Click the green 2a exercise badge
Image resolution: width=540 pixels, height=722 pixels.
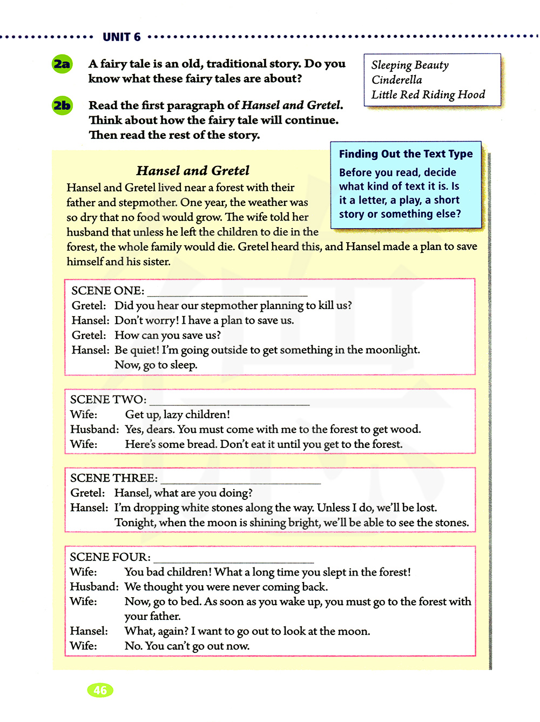[62, 64]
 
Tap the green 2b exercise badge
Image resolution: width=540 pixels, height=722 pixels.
[62, 105]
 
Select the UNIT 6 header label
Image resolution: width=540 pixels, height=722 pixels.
[122, 37]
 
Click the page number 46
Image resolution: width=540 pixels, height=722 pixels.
[100, 690]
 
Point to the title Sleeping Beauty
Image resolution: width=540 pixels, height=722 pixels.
[410, 65]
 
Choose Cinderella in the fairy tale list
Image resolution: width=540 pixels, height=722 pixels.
[397, 80]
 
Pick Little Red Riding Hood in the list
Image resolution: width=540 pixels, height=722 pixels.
[428, 95]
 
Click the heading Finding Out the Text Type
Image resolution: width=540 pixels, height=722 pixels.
[406, 154]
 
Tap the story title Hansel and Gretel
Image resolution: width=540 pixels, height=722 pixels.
[193, 171]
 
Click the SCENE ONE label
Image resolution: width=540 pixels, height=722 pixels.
[107, 291]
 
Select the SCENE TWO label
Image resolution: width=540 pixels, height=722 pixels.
[108, 400]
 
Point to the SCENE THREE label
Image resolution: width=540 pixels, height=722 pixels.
[114, 478]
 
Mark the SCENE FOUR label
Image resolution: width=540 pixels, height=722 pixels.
[110, 557]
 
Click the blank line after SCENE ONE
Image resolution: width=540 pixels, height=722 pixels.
[227, 295]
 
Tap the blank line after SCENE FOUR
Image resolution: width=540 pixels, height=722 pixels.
[233, 561]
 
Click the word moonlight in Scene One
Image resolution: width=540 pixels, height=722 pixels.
[392, 350]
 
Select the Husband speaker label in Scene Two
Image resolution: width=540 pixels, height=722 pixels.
[94, 430]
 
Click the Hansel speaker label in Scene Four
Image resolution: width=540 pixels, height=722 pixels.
[89, 631]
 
